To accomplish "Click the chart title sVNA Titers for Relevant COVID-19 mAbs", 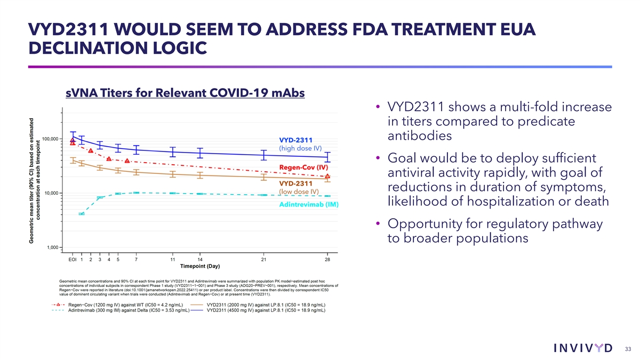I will (x=185, y=93).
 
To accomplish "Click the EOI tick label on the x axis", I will (x=71, y=259).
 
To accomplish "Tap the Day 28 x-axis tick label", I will (x=327, y=259).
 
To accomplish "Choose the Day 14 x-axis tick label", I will (x=199, y=259).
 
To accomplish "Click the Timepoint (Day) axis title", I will (x=199, y=267).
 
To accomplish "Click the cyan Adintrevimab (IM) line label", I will (x=305, y=205).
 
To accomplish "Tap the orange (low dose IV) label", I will (x=299, y=191).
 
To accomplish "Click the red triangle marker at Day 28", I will (x=327, y=175).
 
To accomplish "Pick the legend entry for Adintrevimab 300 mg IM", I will (x=128, y=312).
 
